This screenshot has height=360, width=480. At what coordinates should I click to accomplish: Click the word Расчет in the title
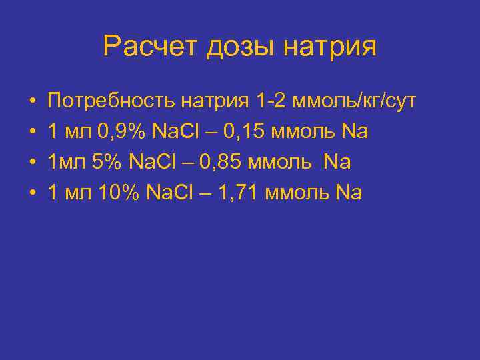click(x=151, y=47)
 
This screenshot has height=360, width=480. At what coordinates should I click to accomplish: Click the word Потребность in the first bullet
click(x=113, y=101)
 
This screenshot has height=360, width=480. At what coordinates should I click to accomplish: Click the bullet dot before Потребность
click(x=31, y=102)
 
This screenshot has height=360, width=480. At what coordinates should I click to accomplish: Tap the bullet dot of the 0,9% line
click(x=31, y=133)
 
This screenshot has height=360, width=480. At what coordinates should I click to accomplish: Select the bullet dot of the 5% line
click(x=31, y=163)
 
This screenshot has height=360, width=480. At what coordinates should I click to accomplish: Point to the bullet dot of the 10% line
click(x=31, y=194)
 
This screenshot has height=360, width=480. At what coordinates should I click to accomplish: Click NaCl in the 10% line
click(x=171, y=193)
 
